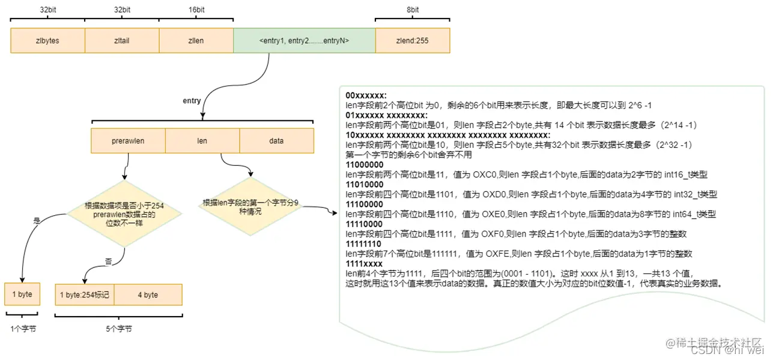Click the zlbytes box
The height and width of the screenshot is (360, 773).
[x=47, y=41]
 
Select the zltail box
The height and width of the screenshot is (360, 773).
[x=122, y=41]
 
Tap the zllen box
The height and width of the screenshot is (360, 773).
[x=196, y=41]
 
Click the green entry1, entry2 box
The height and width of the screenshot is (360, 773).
[x=304, y=41]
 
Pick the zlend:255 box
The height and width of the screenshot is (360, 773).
[x=412, y=41]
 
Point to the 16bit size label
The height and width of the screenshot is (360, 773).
[x=196, y=10]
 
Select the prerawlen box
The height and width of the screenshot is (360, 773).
[x=128, y=141]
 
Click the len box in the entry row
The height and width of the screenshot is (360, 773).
[x=202, y=141]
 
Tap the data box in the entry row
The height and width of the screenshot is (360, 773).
[x=276, y=141]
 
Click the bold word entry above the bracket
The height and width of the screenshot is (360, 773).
[x=192, y=101]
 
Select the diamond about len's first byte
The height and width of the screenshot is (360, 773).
[x=250, y=207]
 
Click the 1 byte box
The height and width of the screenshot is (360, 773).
[x=22, y=294]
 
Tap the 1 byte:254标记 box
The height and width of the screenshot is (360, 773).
[x=85, y=294]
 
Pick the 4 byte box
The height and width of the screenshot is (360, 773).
[x=147, y=294]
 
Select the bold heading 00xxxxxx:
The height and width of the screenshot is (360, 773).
[x=366, y=96]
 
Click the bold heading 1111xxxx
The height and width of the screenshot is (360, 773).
[x=364, y=264]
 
